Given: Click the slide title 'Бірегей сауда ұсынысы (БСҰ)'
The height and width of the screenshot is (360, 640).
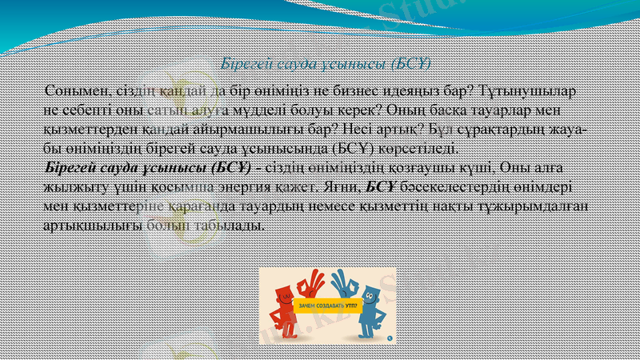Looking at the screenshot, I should tap(326, 62).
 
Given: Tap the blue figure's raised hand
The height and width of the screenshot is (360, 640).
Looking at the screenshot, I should tap(343, 282).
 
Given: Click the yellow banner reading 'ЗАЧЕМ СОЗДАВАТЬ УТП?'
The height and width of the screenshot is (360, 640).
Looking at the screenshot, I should tap(327, 306).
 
